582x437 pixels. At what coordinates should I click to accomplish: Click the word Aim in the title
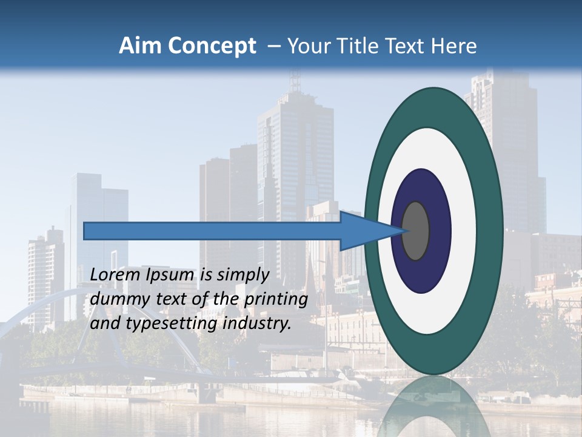140,46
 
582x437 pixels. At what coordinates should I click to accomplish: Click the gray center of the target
415,231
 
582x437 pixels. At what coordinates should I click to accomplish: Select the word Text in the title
407,46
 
